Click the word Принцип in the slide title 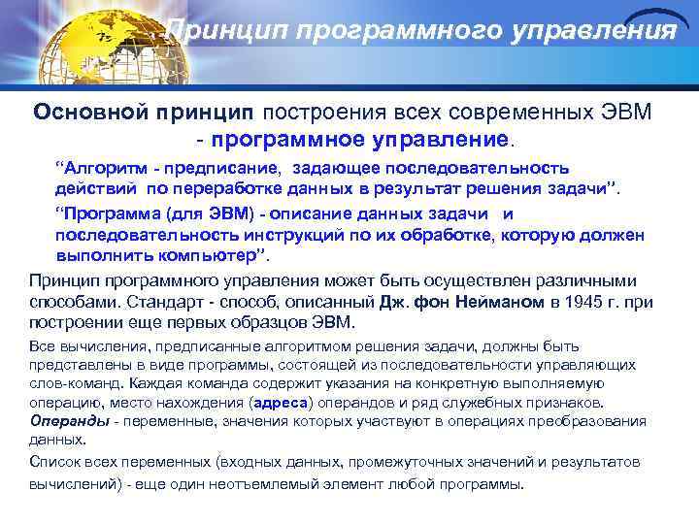coord(217,31)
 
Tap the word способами coord(69,302)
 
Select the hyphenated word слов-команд coord(68,383)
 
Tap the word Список coord(55,463)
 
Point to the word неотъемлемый coord(312,484)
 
